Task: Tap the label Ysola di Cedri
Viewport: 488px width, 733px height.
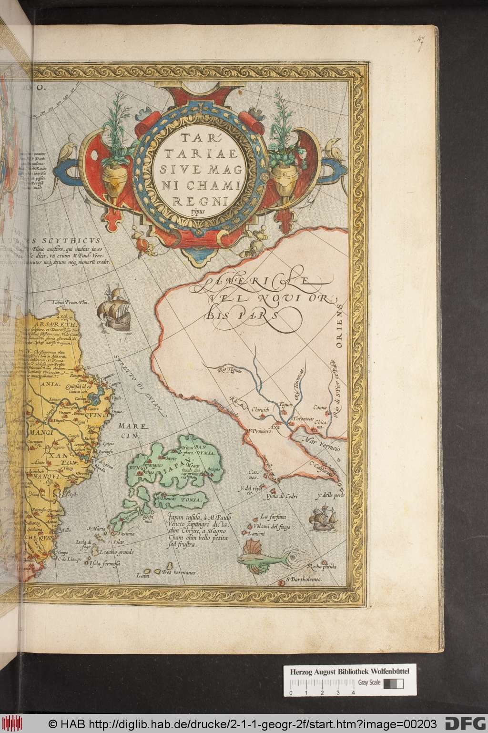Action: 282,498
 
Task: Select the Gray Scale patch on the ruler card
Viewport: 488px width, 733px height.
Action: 393,683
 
